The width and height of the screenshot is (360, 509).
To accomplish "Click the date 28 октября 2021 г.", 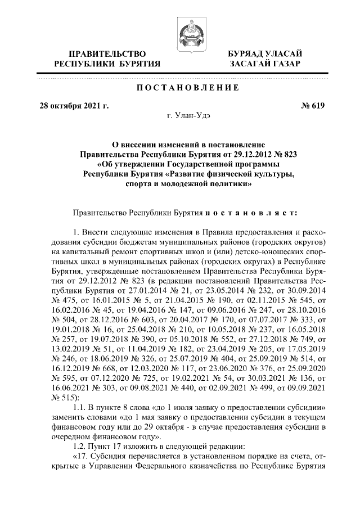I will [x=73, y=105].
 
